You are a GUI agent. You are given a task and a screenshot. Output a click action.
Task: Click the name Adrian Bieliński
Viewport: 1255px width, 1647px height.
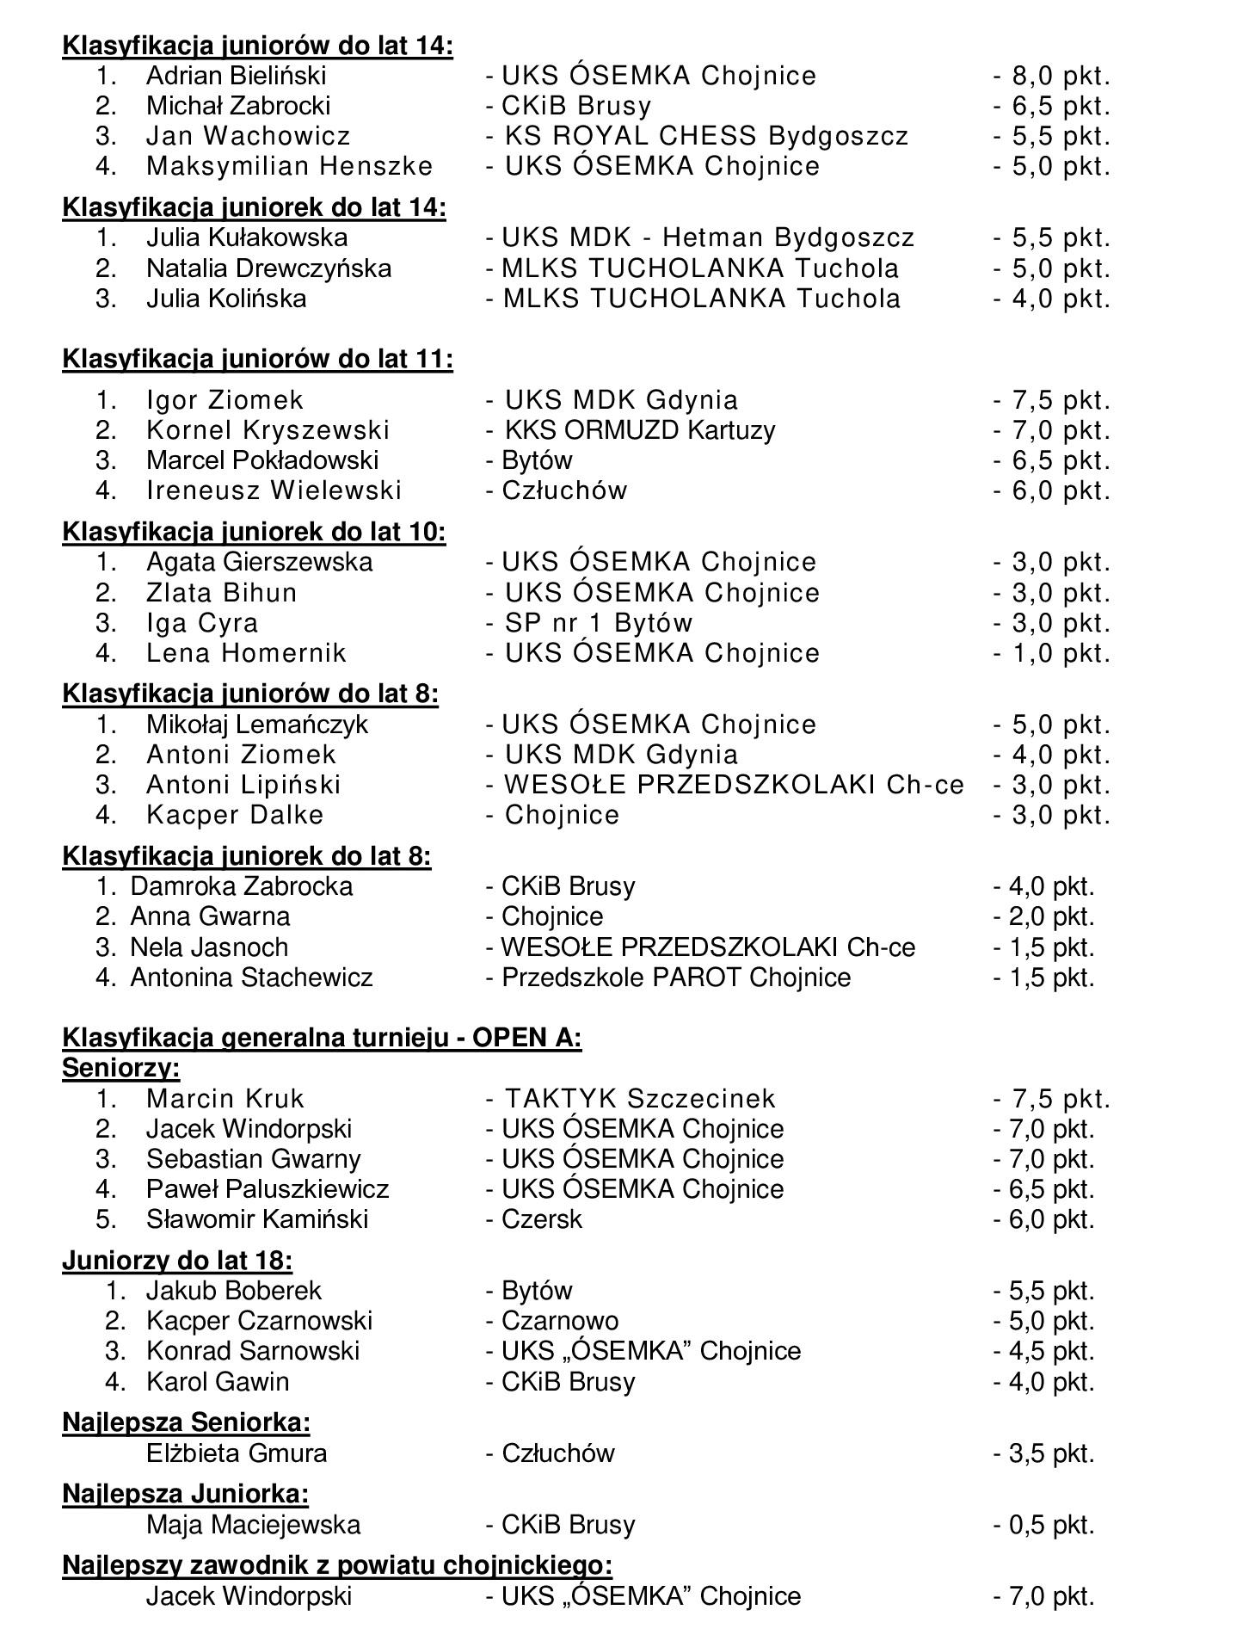(236, 76)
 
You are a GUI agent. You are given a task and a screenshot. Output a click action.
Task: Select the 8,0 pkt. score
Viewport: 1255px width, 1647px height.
(1051, 76)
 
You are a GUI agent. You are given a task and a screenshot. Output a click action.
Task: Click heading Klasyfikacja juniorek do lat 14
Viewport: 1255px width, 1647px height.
(254, 207)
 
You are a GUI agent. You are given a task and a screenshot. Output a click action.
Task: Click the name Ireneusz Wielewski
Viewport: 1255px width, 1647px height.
(274, 490)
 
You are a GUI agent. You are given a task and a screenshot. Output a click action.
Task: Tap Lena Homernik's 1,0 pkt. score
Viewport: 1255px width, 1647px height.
(1051, 653)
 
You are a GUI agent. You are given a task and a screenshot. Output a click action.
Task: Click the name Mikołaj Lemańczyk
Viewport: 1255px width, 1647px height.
(256, 725)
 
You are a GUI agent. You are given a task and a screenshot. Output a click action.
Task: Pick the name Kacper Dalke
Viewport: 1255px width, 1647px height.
(234, 815)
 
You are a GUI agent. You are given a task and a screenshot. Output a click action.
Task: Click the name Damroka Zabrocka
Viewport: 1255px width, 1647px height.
(241, 886)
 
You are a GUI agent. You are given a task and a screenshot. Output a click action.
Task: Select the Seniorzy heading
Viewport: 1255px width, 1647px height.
(120, 1068)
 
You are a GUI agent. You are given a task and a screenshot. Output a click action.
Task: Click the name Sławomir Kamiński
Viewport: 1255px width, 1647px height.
(256, 1219)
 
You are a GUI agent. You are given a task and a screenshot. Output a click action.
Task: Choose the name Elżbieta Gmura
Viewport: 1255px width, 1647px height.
(237, 1453)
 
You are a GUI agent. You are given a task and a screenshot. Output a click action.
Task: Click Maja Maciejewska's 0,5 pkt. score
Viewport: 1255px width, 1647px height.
(1043, 1525)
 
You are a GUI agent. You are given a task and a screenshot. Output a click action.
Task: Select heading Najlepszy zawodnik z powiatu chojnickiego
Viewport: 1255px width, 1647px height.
(337, 1564)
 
